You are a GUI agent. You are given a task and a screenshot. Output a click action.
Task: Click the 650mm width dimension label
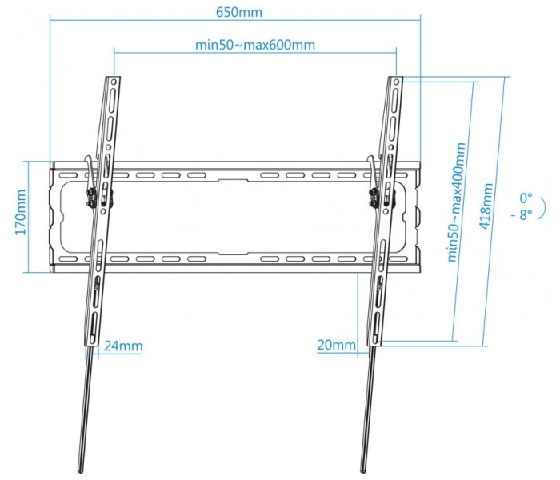239,13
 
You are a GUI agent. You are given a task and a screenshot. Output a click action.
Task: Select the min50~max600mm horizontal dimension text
255,46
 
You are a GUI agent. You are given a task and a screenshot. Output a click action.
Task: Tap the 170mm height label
21,213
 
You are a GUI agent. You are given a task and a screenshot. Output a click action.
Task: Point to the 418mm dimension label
486,206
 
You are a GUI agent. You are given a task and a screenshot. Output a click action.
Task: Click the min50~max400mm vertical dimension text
457,202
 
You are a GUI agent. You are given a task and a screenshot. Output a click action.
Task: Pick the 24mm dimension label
123,346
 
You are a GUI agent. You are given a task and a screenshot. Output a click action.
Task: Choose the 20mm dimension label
337,345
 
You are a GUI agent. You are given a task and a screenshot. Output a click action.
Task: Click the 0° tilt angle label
526,198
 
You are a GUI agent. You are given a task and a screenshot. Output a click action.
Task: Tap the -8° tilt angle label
522,214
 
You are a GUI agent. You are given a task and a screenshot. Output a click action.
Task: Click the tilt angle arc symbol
543,208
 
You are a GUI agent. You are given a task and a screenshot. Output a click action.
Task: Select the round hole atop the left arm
114,82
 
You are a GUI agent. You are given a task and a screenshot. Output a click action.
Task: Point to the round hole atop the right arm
396,82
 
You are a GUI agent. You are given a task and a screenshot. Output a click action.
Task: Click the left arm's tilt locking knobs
90,198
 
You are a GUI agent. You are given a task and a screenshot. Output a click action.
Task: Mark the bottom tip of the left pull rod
80,472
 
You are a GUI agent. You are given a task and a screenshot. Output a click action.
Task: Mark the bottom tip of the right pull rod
363,472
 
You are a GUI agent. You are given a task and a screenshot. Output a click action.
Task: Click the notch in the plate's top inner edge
233,181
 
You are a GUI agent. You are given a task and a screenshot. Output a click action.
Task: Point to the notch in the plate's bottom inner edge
233,253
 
